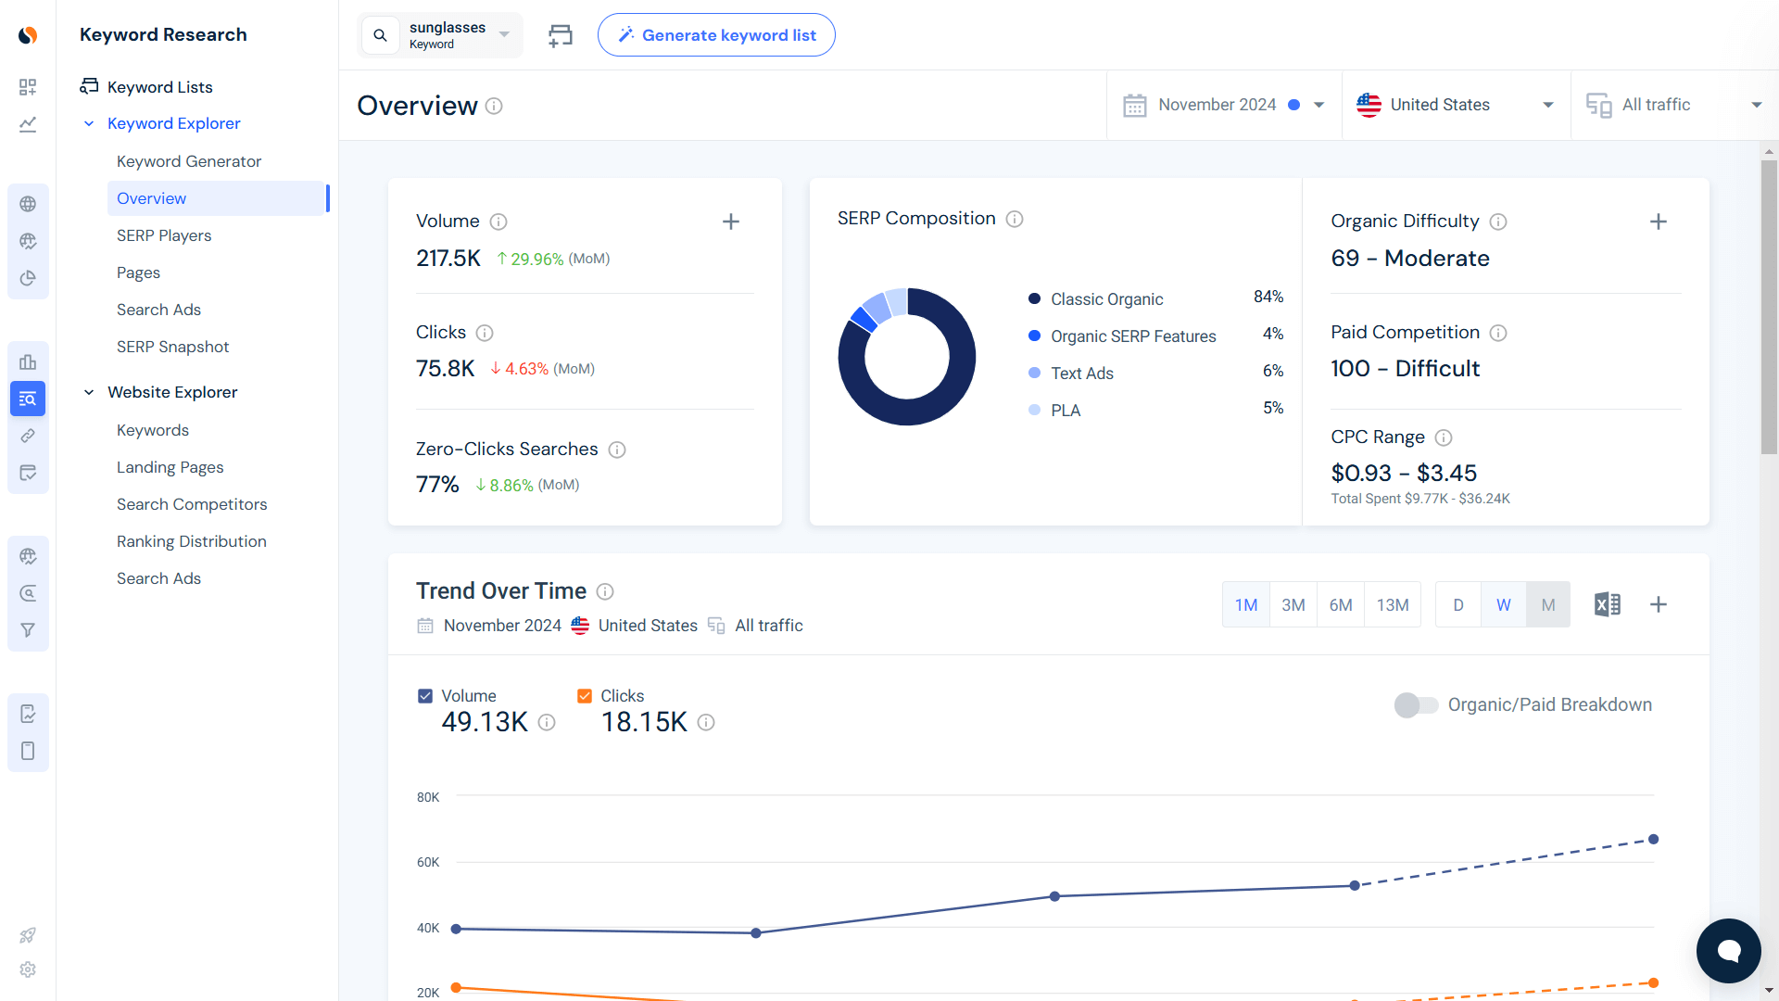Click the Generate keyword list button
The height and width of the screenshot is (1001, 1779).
[x=716, y=35]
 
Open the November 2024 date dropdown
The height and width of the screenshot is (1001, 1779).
[x=1223, y=105]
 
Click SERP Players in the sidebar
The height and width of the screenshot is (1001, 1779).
[x=164, y=235]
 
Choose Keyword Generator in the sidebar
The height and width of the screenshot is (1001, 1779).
[x=189, y=161]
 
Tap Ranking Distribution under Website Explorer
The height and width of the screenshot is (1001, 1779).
[x=192, y=541]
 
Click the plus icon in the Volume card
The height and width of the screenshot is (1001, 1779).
[x=731, y=222]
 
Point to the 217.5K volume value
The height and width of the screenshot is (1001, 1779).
[x=448, y=259]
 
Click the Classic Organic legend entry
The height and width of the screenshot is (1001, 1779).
[x=1106, y=299]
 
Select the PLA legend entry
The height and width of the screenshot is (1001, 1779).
[x=1066, y=411]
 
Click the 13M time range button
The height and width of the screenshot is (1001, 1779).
[x=1393, y=605]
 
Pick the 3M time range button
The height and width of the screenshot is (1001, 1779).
[x=1293, y=605]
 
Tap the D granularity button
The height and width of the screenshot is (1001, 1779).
[x=1458, y=605]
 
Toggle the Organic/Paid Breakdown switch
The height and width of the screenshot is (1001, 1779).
[x=1416, y=705]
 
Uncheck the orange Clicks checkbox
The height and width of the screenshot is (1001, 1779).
[x=585, y=696]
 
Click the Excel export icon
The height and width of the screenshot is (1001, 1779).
[x=1608, y=605]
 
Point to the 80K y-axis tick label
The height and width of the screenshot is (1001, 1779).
[x=428, y=797]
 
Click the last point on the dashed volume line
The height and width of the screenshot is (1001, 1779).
[x=1653, y=840]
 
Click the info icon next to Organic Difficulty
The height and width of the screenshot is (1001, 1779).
[x=1498, y=222]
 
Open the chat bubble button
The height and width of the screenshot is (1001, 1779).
[x=1728, y=951]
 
